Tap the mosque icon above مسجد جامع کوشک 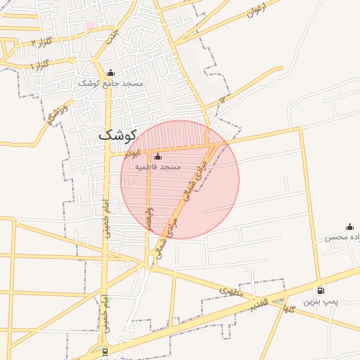[110, 72]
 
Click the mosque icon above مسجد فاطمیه [157, 156]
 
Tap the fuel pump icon [321, 290]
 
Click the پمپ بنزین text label [321, 301]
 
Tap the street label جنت [113, 36]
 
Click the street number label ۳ [222, 100]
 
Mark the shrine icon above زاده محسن [349, 226]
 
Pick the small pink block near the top [91, 25]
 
